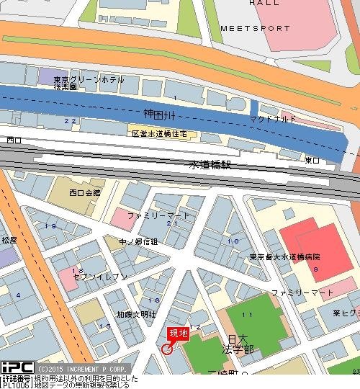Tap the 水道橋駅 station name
pos(210,164)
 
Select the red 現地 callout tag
pos(178,334)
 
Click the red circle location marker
pos(167,349)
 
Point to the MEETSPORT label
pos(255,29)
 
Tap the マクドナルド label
pos(273,118)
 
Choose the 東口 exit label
pos(312,160)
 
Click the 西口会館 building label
pos(85,192)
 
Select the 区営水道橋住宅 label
pos(159,134)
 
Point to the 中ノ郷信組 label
pos(138,241)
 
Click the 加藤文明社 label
pos(136,315)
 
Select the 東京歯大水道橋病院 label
pos(285,256)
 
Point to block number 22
pos(69,120)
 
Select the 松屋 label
pos(9,240)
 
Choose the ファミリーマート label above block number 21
pos(158,215)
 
